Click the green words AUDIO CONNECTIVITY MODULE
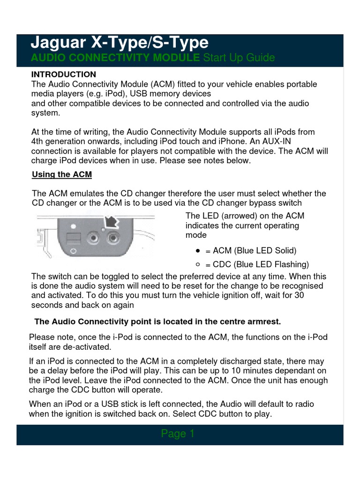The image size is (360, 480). tap(115, 58)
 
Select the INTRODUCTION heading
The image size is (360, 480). tap(63, 75)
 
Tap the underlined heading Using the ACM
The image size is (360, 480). tap(62, 175)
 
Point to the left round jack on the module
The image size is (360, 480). tap(94, 239)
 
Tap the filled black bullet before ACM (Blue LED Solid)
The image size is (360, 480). tap(198, 250)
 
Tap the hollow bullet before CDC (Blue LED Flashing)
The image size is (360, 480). tap(198, 264)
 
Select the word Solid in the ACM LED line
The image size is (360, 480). tap(285, 251)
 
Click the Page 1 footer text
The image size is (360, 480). tap(178, 434)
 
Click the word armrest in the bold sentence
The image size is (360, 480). tap(263, 322)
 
